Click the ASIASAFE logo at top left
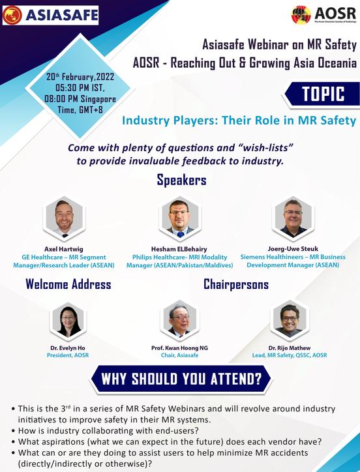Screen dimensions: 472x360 click(50, 15)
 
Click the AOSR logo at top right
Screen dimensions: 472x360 click(323, 14)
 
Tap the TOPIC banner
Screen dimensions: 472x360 click(323, 94)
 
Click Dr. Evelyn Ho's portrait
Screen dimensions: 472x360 click(68, 322)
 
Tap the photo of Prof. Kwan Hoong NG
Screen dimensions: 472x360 click(179, 321)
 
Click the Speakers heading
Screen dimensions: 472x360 click(181, 180)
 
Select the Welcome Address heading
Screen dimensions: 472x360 click(68, 284)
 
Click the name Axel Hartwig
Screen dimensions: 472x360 click(64, 249)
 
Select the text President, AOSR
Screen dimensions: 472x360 click(68, 356)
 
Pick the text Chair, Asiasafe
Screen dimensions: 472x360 click(179, 356)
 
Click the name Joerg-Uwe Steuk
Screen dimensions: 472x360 click(293, 249)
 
